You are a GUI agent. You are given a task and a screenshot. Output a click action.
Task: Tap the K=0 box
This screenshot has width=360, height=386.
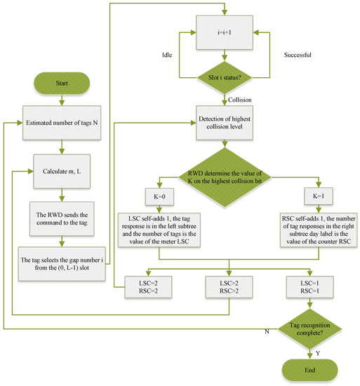point(159,194)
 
